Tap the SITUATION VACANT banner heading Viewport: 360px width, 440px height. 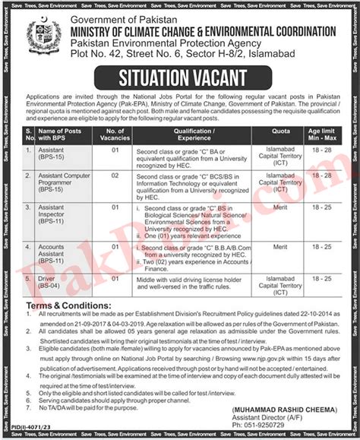179,75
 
